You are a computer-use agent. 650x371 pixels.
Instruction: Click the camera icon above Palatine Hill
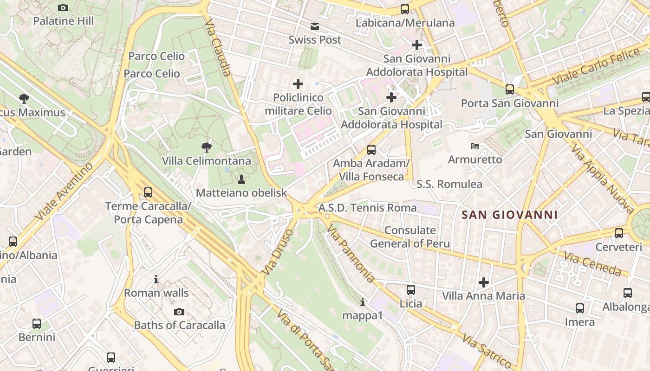tap(63, 7)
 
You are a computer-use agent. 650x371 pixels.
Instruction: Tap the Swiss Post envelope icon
tap(315, 26)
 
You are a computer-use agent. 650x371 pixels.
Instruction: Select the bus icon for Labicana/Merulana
tap(405, 9)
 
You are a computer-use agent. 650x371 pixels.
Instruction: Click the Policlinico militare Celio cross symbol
tap(298, 84)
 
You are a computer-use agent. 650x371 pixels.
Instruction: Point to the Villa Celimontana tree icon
tap(207, 147)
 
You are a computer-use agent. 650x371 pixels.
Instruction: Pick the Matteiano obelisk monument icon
tap(241, 179)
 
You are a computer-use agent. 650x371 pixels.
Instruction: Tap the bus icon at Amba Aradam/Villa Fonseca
tap(371, 150)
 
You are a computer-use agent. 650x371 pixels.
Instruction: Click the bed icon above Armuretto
tap(475, 146)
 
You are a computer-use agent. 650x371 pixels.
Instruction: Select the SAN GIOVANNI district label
tap(510, 215)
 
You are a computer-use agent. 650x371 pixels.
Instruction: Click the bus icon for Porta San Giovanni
tap(510, 90)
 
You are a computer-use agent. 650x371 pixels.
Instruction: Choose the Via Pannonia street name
tap(350, 254)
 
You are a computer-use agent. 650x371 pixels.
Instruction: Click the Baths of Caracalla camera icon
tap(179, 312)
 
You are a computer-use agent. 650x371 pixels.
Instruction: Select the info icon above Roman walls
tap(156, 280)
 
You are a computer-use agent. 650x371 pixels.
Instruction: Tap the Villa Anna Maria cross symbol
tap(484, 282)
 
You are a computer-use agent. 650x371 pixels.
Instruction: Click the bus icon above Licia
tap(411, 290)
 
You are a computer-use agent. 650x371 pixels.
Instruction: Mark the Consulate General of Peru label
tap(410, 237)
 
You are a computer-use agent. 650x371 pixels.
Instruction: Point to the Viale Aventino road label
tap(64, 191)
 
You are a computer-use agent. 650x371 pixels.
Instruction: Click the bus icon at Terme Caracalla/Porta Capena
tap(148, 192)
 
